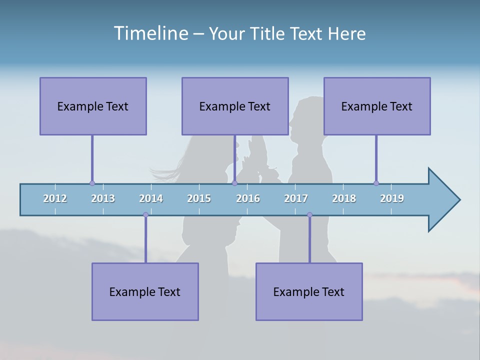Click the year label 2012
click(x=55, y=198)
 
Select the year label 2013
click(x=103, y=198)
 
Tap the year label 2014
click(x=151, y=198)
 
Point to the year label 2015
click(x=199, y=198)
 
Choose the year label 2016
click(x=248, y=198)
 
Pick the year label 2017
click(x=296, y=198)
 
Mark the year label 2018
click(x=344, y=198)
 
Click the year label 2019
click(x=392, y=198)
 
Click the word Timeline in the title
click(x=150, y=33)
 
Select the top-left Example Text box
click(x=93, y=106)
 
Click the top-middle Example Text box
click(x=235, y=106)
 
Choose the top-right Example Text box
click(x=377, y=106)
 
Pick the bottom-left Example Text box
click(x=145, y=291)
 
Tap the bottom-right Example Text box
click(x=309, y=291)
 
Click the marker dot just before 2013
click(x=92, y=183)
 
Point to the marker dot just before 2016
click(x=234, y=183)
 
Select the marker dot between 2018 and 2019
click(x=376, y=183)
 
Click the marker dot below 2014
click(x=145, y=214)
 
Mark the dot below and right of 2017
click(x=309, y=214)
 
